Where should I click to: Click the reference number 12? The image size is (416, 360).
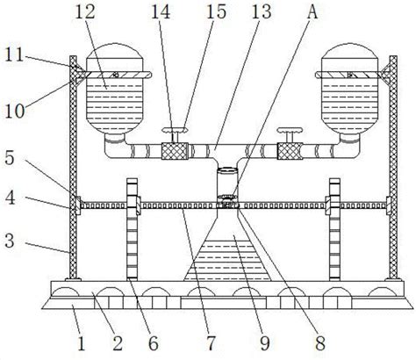pos(85,12)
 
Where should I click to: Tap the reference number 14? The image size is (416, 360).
pos(161,12)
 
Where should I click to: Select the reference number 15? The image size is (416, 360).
pos(217,12)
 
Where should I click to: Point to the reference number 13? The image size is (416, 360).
pos(262,12)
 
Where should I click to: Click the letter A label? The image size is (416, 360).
pos(312,12)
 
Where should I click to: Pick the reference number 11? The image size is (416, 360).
pos(14,54)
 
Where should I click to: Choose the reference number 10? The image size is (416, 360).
pos(15,112)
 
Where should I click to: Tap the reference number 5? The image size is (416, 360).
pos(10,158)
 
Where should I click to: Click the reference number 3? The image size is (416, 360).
pos(10,241)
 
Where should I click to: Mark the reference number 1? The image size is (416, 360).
pos(81,343)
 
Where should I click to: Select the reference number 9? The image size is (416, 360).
pos(265,343)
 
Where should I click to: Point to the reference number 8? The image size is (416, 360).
pos(320,343)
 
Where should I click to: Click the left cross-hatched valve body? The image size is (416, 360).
pos(175,151)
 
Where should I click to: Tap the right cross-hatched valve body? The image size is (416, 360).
pos(290,151)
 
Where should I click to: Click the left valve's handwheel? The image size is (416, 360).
pos(175,130)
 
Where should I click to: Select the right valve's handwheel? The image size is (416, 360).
pos(290,130)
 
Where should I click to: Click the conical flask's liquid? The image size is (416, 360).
pos(226,260)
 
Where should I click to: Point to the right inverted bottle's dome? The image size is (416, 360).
pos(349,50)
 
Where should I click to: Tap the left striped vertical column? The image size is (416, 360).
pos(132,229)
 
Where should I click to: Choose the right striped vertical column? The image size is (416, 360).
pos(334,229)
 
